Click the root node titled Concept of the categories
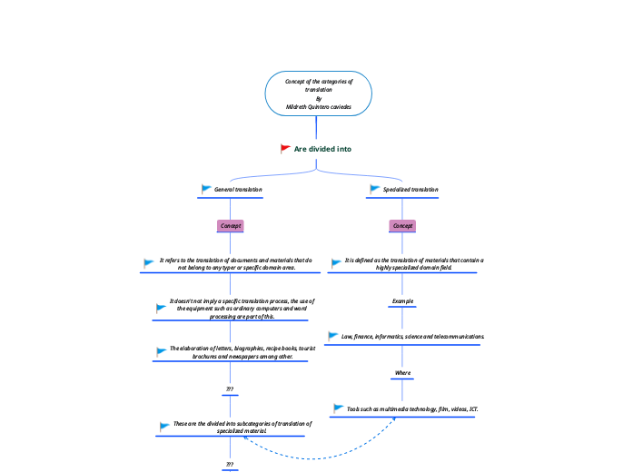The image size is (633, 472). click(318, 93)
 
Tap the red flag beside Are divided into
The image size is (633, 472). click(285, 148)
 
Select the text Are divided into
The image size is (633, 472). click(322, 148)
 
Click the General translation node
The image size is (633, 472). click(238, 190)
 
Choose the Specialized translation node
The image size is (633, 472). click(410, 190)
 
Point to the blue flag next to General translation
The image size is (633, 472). click(206, 189)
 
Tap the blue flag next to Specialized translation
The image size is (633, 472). click(374, 189)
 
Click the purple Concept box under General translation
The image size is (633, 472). click(230, 225)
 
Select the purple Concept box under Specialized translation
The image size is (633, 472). click(402, 225)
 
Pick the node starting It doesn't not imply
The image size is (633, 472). click(242, 309)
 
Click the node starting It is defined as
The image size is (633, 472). click(414, 263)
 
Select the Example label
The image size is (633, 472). click(402, 300)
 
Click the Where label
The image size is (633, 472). click(402, 373)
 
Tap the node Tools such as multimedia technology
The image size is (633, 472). click(411, 408)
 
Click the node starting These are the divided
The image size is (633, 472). click(242, 427)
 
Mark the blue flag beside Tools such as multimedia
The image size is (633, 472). click(339, 408)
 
